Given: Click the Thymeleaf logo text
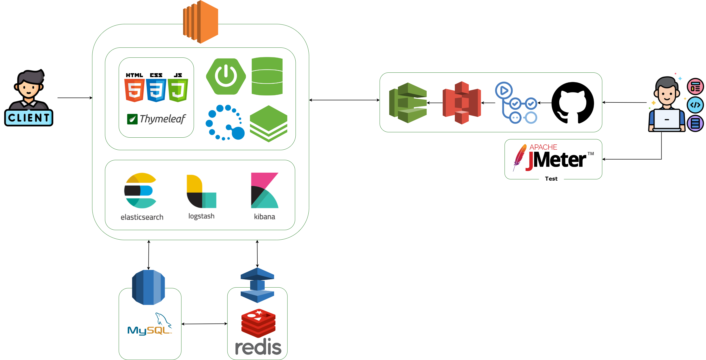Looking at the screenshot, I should (162, 119).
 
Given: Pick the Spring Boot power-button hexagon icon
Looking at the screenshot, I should (226, 76).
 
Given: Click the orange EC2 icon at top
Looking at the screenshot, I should (201, 22).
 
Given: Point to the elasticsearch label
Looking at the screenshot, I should (142, 217).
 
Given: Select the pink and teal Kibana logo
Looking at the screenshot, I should (264, 190).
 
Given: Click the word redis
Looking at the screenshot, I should (258, 347).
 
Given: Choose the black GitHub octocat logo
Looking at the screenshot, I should (573, 103).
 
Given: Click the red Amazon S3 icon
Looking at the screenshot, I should (462, 103).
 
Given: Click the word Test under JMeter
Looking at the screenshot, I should (551, 179).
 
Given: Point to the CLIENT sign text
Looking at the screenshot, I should (29, 118).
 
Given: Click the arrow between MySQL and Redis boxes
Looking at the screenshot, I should (204, 324).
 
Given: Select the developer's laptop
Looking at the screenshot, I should (667, 120).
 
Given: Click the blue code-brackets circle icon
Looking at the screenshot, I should (695, 105).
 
